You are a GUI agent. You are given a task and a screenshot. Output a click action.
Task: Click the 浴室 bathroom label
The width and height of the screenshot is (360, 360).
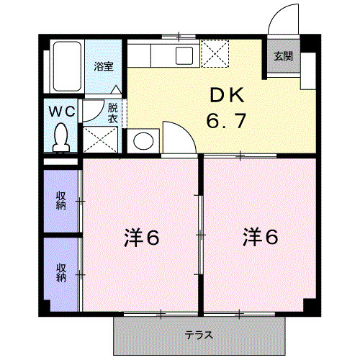[x=104, y=66]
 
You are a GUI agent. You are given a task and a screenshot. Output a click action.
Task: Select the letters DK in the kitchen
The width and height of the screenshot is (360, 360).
[x=228, y=94]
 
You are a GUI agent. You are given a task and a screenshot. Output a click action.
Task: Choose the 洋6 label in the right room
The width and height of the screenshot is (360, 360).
[x=260, y=235]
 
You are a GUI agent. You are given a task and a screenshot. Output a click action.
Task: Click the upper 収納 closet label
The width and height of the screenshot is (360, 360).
[x=61, y=199]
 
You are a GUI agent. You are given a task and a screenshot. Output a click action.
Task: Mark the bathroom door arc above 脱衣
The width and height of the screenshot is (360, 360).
[x=93, y=110]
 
